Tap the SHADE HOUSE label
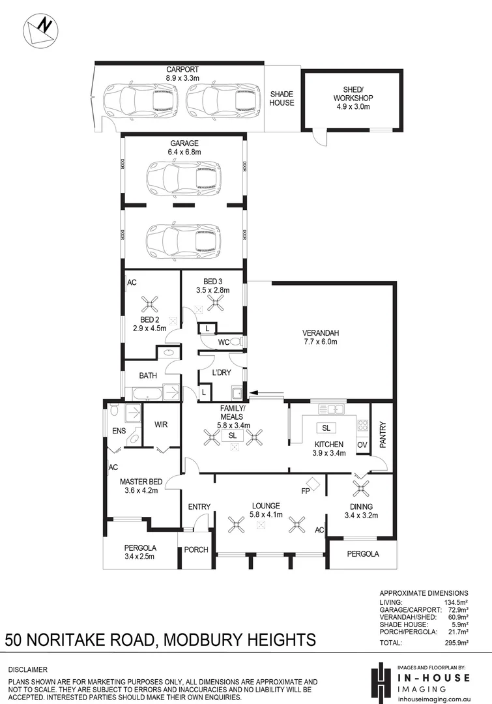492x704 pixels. tap(282, 98)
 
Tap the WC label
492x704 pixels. tap(222, 342)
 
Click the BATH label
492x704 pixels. tap(149, 376)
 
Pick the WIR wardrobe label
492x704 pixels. tap(162, 424)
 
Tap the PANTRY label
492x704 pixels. tap(383, 435)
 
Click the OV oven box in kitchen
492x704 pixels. tap(362, 445)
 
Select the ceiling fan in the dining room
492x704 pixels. tap(360, 488)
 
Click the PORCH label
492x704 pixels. tap(195, 550)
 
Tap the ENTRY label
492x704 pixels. tap(198, 506)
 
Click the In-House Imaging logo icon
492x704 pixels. tap(379, 682)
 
